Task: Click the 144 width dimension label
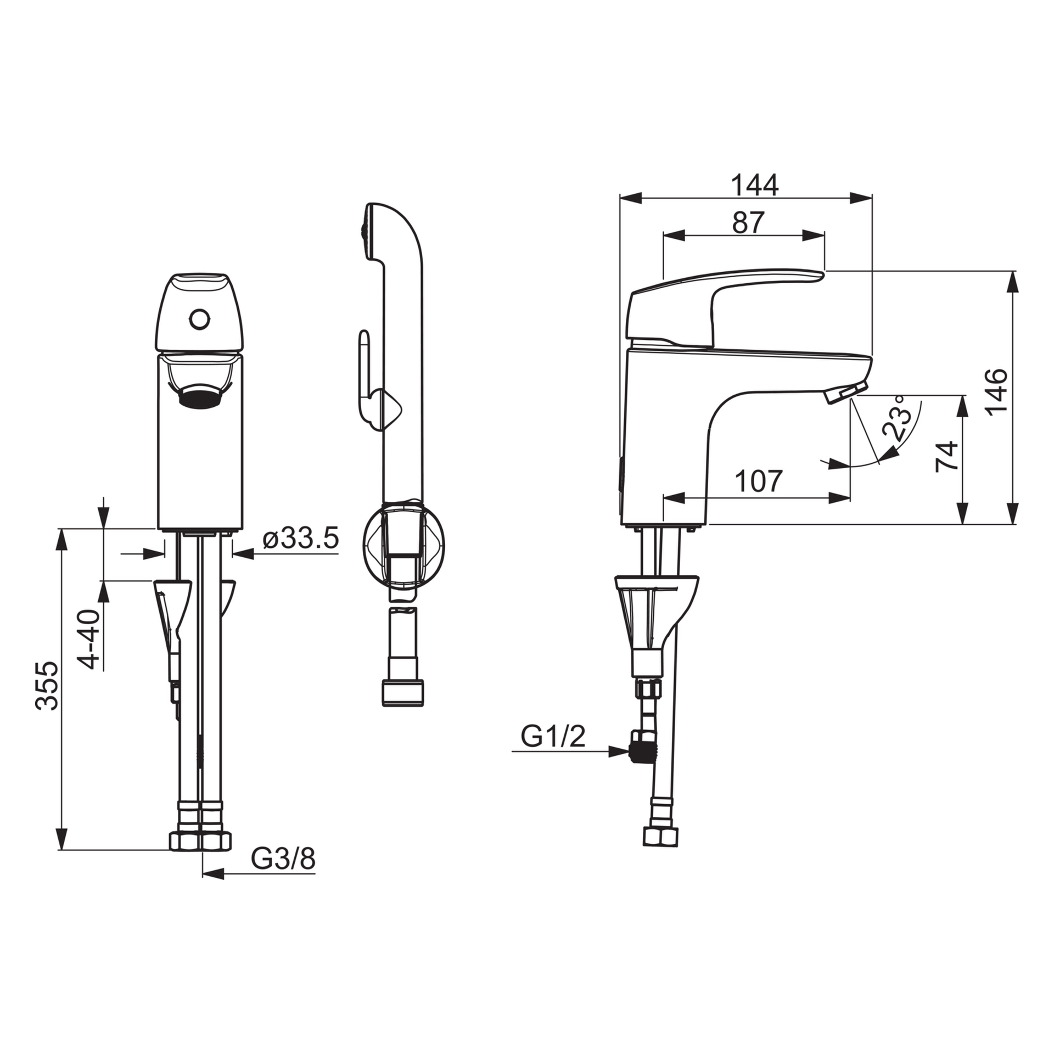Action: pyautogui.click(x=755, y=186)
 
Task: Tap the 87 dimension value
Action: pyautogui.click(x=748, y=222)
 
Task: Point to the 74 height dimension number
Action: pyautogui.click(x=947, y=456)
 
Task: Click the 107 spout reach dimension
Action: pyautogui.click(x=758, y=481)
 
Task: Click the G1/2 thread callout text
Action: pyautogui.click(x=553, y=736)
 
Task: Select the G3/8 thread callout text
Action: pyautogui.click(x=283, y=859)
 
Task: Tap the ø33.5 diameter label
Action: pyautogui.click(x=300, y=539)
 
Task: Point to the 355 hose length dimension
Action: pyautogui.click(x=47, y=686)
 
